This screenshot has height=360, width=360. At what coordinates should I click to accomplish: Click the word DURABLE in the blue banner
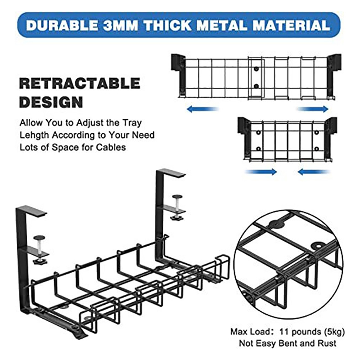(62, 25)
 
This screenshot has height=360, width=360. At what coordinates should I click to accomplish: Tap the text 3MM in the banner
(121, 25)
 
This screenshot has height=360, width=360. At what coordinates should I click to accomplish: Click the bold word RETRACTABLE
(80, 83)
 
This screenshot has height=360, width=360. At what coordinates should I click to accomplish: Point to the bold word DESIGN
(51, 102)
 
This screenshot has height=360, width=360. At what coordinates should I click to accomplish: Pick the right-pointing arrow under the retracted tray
(261, 171)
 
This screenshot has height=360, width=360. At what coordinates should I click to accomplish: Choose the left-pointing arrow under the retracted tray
(314, 171)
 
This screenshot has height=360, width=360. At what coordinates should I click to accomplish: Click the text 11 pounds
(300, 332)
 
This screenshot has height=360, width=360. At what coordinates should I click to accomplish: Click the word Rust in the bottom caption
(327, 343)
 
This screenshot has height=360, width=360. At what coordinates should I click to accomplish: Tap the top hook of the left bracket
(31, 210)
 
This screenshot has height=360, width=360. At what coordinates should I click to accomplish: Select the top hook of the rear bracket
(171, 173)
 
